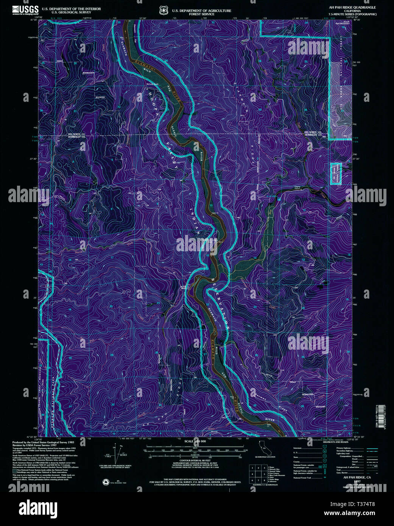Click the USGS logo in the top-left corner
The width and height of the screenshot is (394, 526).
[x=25, y=10]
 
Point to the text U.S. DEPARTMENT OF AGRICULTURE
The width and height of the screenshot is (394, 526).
[x=201, y=11]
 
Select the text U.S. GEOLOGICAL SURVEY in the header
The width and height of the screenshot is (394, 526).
[x=71, y=12]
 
